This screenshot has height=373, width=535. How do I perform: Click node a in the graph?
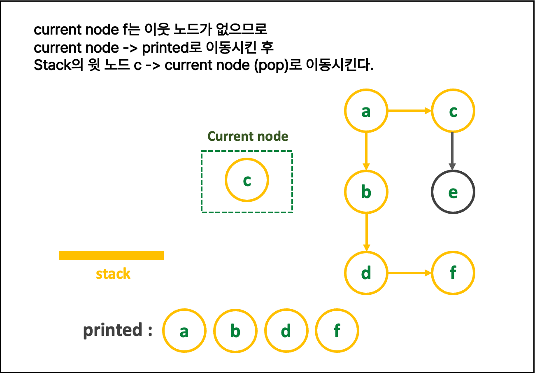pos(366,111)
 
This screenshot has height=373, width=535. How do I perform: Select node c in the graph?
pos(453,111)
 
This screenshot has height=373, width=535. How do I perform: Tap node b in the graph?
pos(366,192)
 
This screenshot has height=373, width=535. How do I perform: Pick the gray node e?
pos(453,192)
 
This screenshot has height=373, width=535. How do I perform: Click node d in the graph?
pos(366,273)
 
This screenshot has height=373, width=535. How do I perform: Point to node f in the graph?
pos(453,273)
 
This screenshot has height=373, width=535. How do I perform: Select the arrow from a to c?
pos(409,111)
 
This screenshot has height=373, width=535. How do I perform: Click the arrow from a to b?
pos(366,151)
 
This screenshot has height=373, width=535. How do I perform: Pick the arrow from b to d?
pos(366,232)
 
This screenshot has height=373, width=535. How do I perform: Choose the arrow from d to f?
pos(409,273)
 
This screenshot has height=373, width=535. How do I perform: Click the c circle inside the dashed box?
pos(247,180)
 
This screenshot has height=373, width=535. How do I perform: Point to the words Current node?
pos(248,136)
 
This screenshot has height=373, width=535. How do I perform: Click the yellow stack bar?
pos(111,255)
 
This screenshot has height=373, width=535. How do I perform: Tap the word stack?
pos(113,274)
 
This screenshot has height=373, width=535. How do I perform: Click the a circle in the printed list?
pos(184,331)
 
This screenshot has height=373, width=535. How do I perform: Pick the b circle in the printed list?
pos(235,331)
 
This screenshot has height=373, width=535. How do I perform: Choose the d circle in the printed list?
pos(286,331)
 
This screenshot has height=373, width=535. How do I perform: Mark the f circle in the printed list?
pos(337,331)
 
